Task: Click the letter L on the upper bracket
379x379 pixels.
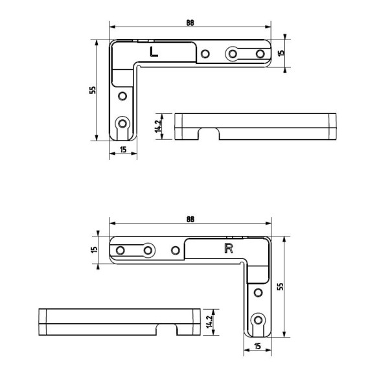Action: [154, 52]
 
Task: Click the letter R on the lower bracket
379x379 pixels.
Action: [228, 249]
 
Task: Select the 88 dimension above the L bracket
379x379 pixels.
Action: [190, 23]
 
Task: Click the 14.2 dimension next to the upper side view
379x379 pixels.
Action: [157, 126]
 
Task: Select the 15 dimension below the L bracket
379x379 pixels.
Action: [122, 150]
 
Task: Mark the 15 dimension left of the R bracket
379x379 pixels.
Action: [95, 249]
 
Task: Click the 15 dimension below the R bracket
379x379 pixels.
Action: [258, 347]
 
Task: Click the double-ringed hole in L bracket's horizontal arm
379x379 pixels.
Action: [232, 53]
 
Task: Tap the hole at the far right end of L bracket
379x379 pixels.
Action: [260, 53]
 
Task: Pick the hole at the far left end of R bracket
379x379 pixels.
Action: [120, 249]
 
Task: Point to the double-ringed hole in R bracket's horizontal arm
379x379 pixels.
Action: [148, 249]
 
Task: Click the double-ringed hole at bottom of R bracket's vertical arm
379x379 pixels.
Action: [258, 319]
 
